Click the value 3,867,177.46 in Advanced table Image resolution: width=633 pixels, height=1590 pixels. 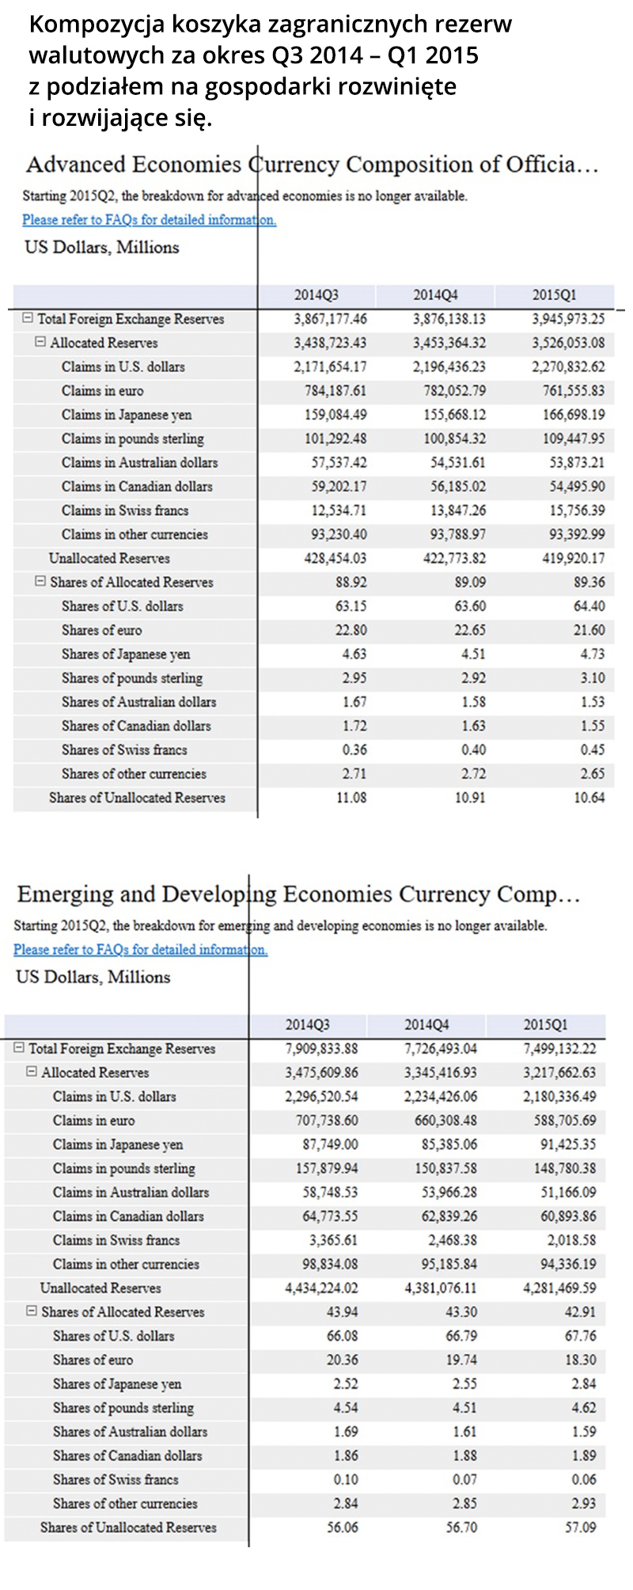330,319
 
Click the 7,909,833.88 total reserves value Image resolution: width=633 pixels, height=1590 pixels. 321,1049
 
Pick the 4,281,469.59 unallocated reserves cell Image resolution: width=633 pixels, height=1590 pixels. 559,1288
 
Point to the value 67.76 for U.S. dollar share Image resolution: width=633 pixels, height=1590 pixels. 580,1336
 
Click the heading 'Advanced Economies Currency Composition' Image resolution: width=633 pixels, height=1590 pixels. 312,165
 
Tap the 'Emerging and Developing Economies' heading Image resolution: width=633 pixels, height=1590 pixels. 298,894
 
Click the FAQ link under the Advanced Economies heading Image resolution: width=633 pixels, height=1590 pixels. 149,220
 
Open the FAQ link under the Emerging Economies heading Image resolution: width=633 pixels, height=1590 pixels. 140,950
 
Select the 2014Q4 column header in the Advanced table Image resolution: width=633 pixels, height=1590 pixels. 435,295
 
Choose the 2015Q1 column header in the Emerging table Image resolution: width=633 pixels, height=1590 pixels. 545,1025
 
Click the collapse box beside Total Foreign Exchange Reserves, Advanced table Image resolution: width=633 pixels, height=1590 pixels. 28,318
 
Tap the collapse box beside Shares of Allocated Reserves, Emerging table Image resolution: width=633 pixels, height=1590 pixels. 32,1311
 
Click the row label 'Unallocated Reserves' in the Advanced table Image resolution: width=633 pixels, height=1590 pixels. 109,559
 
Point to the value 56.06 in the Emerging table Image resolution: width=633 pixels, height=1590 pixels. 342,1527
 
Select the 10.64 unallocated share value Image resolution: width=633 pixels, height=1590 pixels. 589,798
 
